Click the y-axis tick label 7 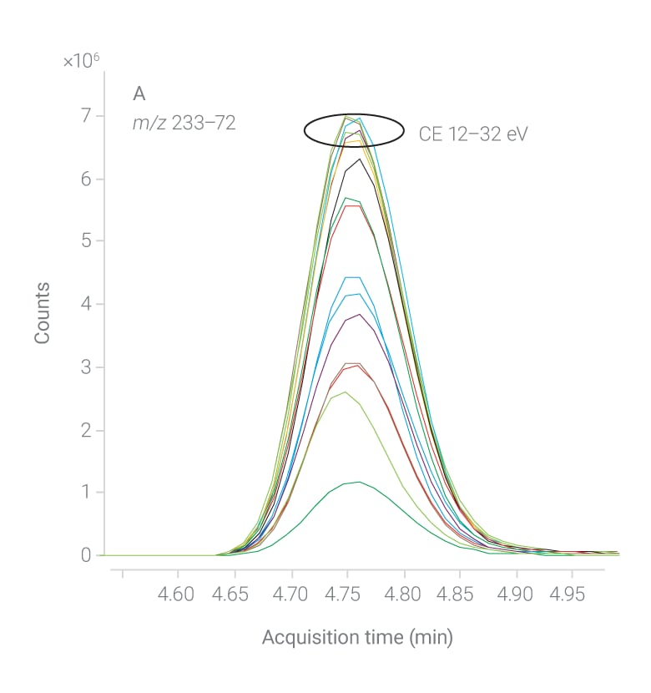click(86, 115)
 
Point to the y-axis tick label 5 click(86, 240)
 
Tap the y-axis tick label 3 click(86, 367)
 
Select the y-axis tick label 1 click(86, 492)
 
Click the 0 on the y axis click(86, 555)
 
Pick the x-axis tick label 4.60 click(178, 594)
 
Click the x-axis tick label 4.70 click(291, 594)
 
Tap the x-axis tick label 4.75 click(348, 594)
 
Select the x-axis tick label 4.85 click(460, 594)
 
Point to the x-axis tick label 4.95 click(572, 594)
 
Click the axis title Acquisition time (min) click(357, 638)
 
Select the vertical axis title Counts click(42, 313)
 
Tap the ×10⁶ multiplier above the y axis click(81, 61)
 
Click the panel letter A click(139, 93)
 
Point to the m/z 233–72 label click(184, 123)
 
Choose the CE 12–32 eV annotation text click(473, 134)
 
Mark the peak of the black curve click(359, 159)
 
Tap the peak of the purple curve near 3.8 click(359, 314)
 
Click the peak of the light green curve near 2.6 click(344, 392)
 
